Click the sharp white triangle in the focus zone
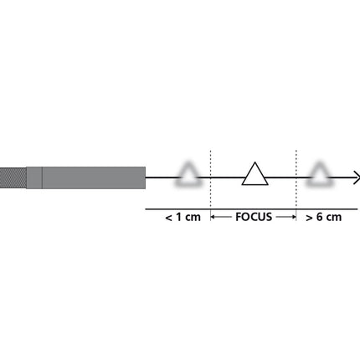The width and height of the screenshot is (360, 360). tap(255, 174)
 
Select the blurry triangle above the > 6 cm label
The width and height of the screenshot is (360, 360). tap(319, 174)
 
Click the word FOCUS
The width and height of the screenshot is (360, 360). tap(253, 217)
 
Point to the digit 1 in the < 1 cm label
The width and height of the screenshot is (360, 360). tap(178, 217)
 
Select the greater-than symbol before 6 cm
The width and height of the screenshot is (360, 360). tap(309, 218)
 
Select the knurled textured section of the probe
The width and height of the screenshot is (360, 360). tap(13, 177)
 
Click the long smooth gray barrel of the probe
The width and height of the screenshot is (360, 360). tap(92, 177)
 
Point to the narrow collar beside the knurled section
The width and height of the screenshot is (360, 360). tap(33, 177)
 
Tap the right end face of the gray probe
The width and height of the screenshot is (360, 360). tap(144, 177)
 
